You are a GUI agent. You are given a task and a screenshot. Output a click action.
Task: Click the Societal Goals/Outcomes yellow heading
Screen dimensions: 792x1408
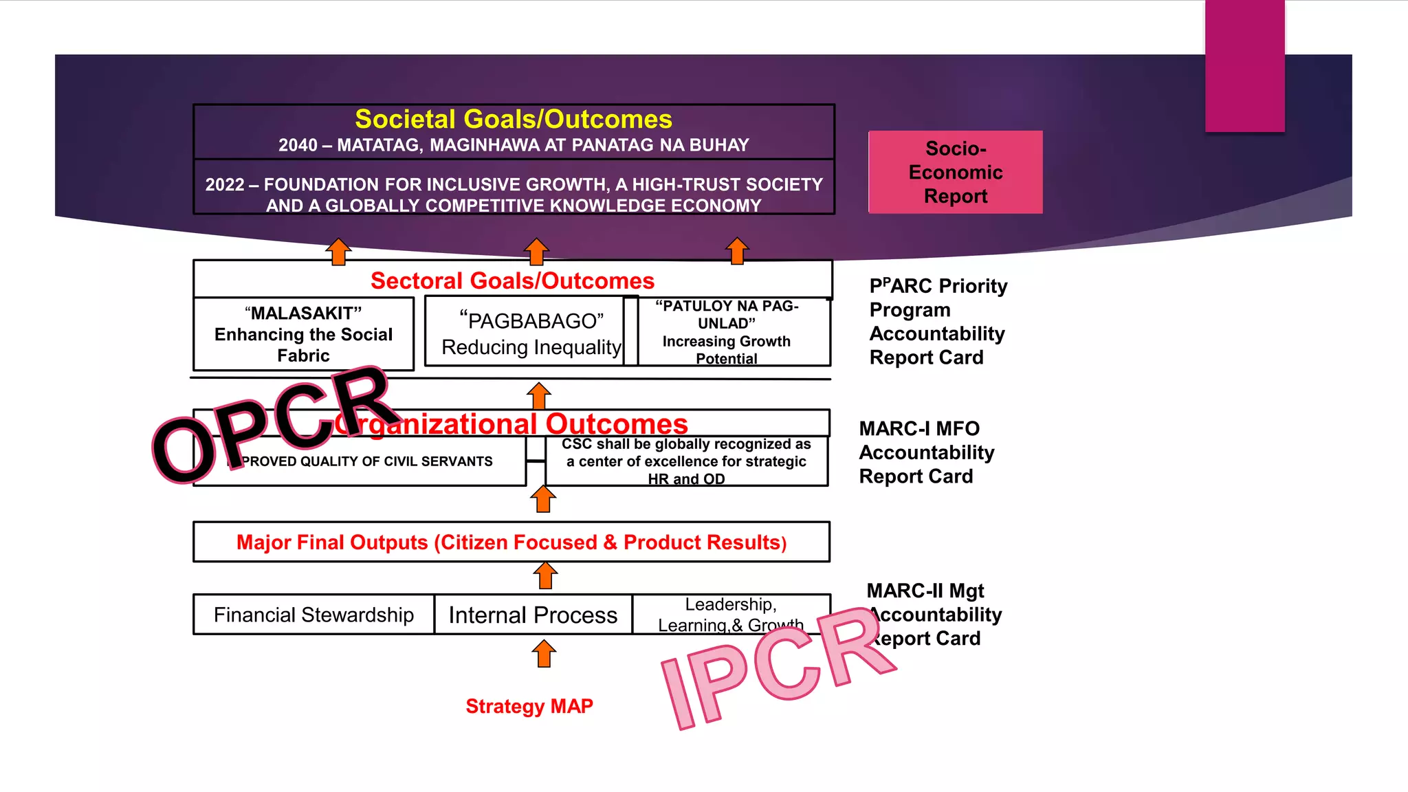click(513, 120)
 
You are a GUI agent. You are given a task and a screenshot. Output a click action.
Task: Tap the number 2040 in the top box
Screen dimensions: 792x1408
click(298, 146)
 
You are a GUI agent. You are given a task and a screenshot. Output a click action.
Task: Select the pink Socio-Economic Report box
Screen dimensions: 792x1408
click(955, 172)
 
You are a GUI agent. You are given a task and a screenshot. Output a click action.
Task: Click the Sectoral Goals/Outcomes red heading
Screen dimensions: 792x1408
click(512, 280)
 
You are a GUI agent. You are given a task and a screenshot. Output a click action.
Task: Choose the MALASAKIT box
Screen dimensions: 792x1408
click(303, 334)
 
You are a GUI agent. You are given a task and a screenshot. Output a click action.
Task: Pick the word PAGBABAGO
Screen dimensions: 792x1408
click(531, 321)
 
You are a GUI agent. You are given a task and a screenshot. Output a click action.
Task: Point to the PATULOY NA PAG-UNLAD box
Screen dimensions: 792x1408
click(727, 332)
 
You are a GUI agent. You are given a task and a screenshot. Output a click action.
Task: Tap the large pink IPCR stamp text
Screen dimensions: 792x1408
click(777, 667)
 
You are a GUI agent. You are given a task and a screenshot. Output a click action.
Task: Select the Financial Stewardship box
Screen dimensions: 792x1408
click(313, 615)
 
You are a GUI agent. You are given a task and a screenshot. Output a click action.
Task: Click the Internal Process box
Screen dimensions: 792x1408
click(533, 615)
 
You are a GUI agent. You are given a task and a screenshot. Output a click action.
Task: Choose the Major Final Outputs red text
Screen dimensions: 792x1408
click(511, 542)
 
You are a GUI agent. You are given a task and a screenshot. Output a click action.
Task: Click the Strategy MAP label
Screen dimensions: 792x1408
click(529, 706)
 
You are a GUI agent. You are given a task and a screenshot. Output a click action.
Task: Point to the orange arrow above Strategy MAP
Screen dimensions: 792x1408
click(544, 654)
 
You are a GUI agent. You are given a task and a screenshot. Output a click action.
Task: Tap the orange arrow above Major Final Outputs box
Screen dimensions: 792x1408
click(543, 499)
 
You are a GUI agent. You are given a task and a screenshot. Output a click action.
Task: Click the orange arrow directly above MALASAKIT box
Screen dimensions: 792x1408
click(338, 252)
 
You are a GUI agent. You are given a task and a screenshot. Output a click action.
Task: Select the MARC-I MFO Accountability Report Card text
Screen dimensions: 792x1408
click(926, 452)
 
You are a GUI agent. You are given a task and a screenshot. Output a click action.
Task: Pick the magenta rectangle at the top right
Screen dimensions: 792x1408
click(1244, 65)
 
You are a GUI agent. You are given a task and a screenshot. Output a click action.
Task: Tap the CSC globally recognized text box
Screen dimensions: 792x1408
click(686, 461)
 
